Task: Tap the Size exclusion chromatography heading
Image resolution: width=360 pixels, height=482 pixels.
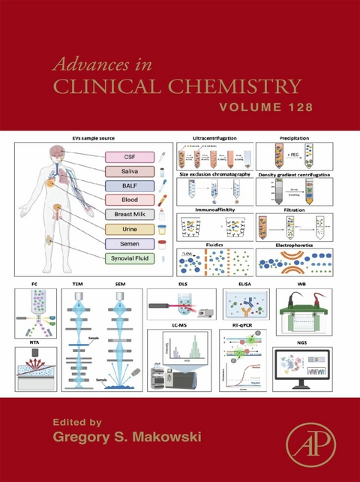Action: [x=214, y=173]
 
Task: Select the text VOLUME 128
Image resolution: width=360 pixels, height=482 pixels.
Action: [x=265, y=107]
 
